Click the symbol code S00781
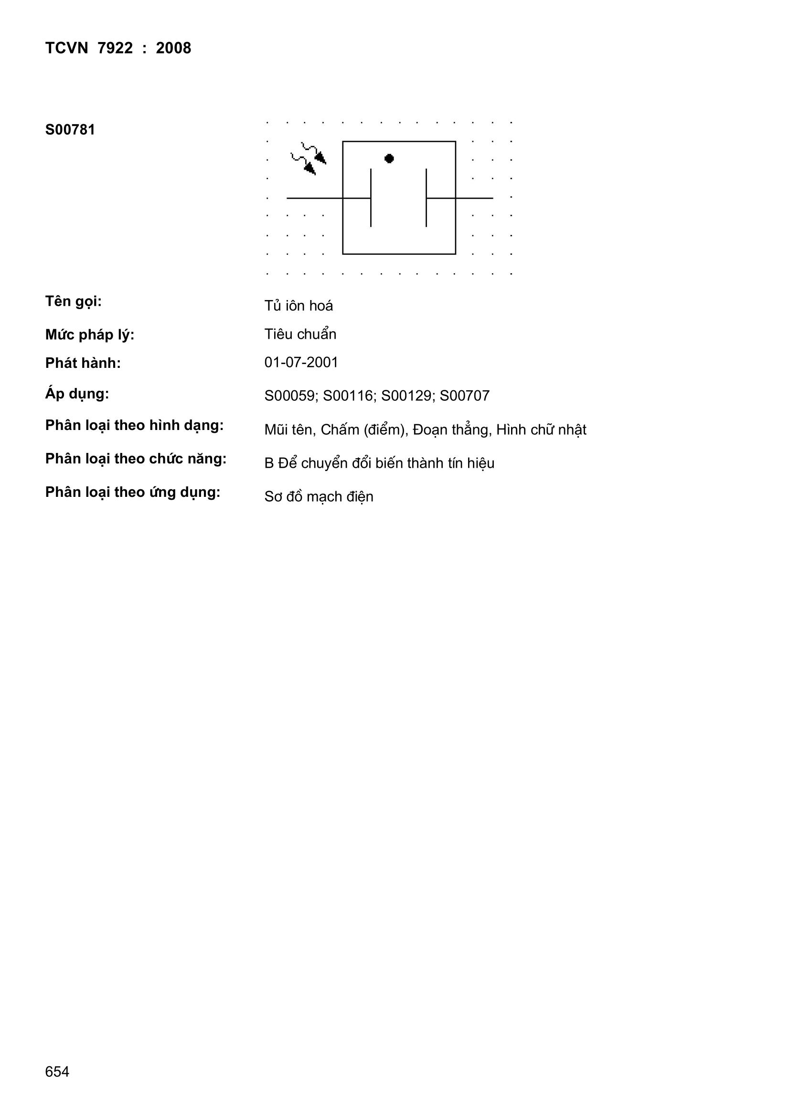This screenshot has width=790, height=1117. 70,130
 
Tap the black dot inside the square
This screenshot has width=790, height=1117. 389,158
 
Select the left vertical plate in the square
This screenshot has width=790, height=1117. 371,197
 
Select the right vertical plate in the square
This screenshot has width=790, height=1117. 426,197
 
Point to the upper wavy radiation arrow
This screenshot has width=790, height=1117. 314,152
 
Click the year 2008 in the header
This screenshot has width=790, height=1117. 173,48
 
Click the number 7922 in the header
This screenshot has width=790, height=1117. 115,48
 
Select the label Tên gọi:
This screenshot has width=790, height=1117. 74,301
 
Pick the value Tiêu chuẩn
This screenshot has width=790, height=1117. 300,334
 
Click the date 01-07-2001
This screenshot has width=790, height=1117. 301,363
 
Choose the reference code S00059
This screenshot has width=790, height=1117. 290,396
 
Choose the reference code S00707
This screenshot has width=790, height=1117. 465,396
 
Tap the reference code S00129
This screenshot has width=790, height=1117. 406,396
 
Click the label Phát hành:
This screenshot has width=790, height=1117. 83,364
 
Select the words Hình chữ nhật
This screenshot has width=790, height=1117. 541,430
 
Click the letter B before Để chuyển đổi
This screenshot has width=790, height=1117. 269,463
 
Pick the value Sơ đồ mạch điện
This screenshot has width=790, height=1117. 319,497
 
